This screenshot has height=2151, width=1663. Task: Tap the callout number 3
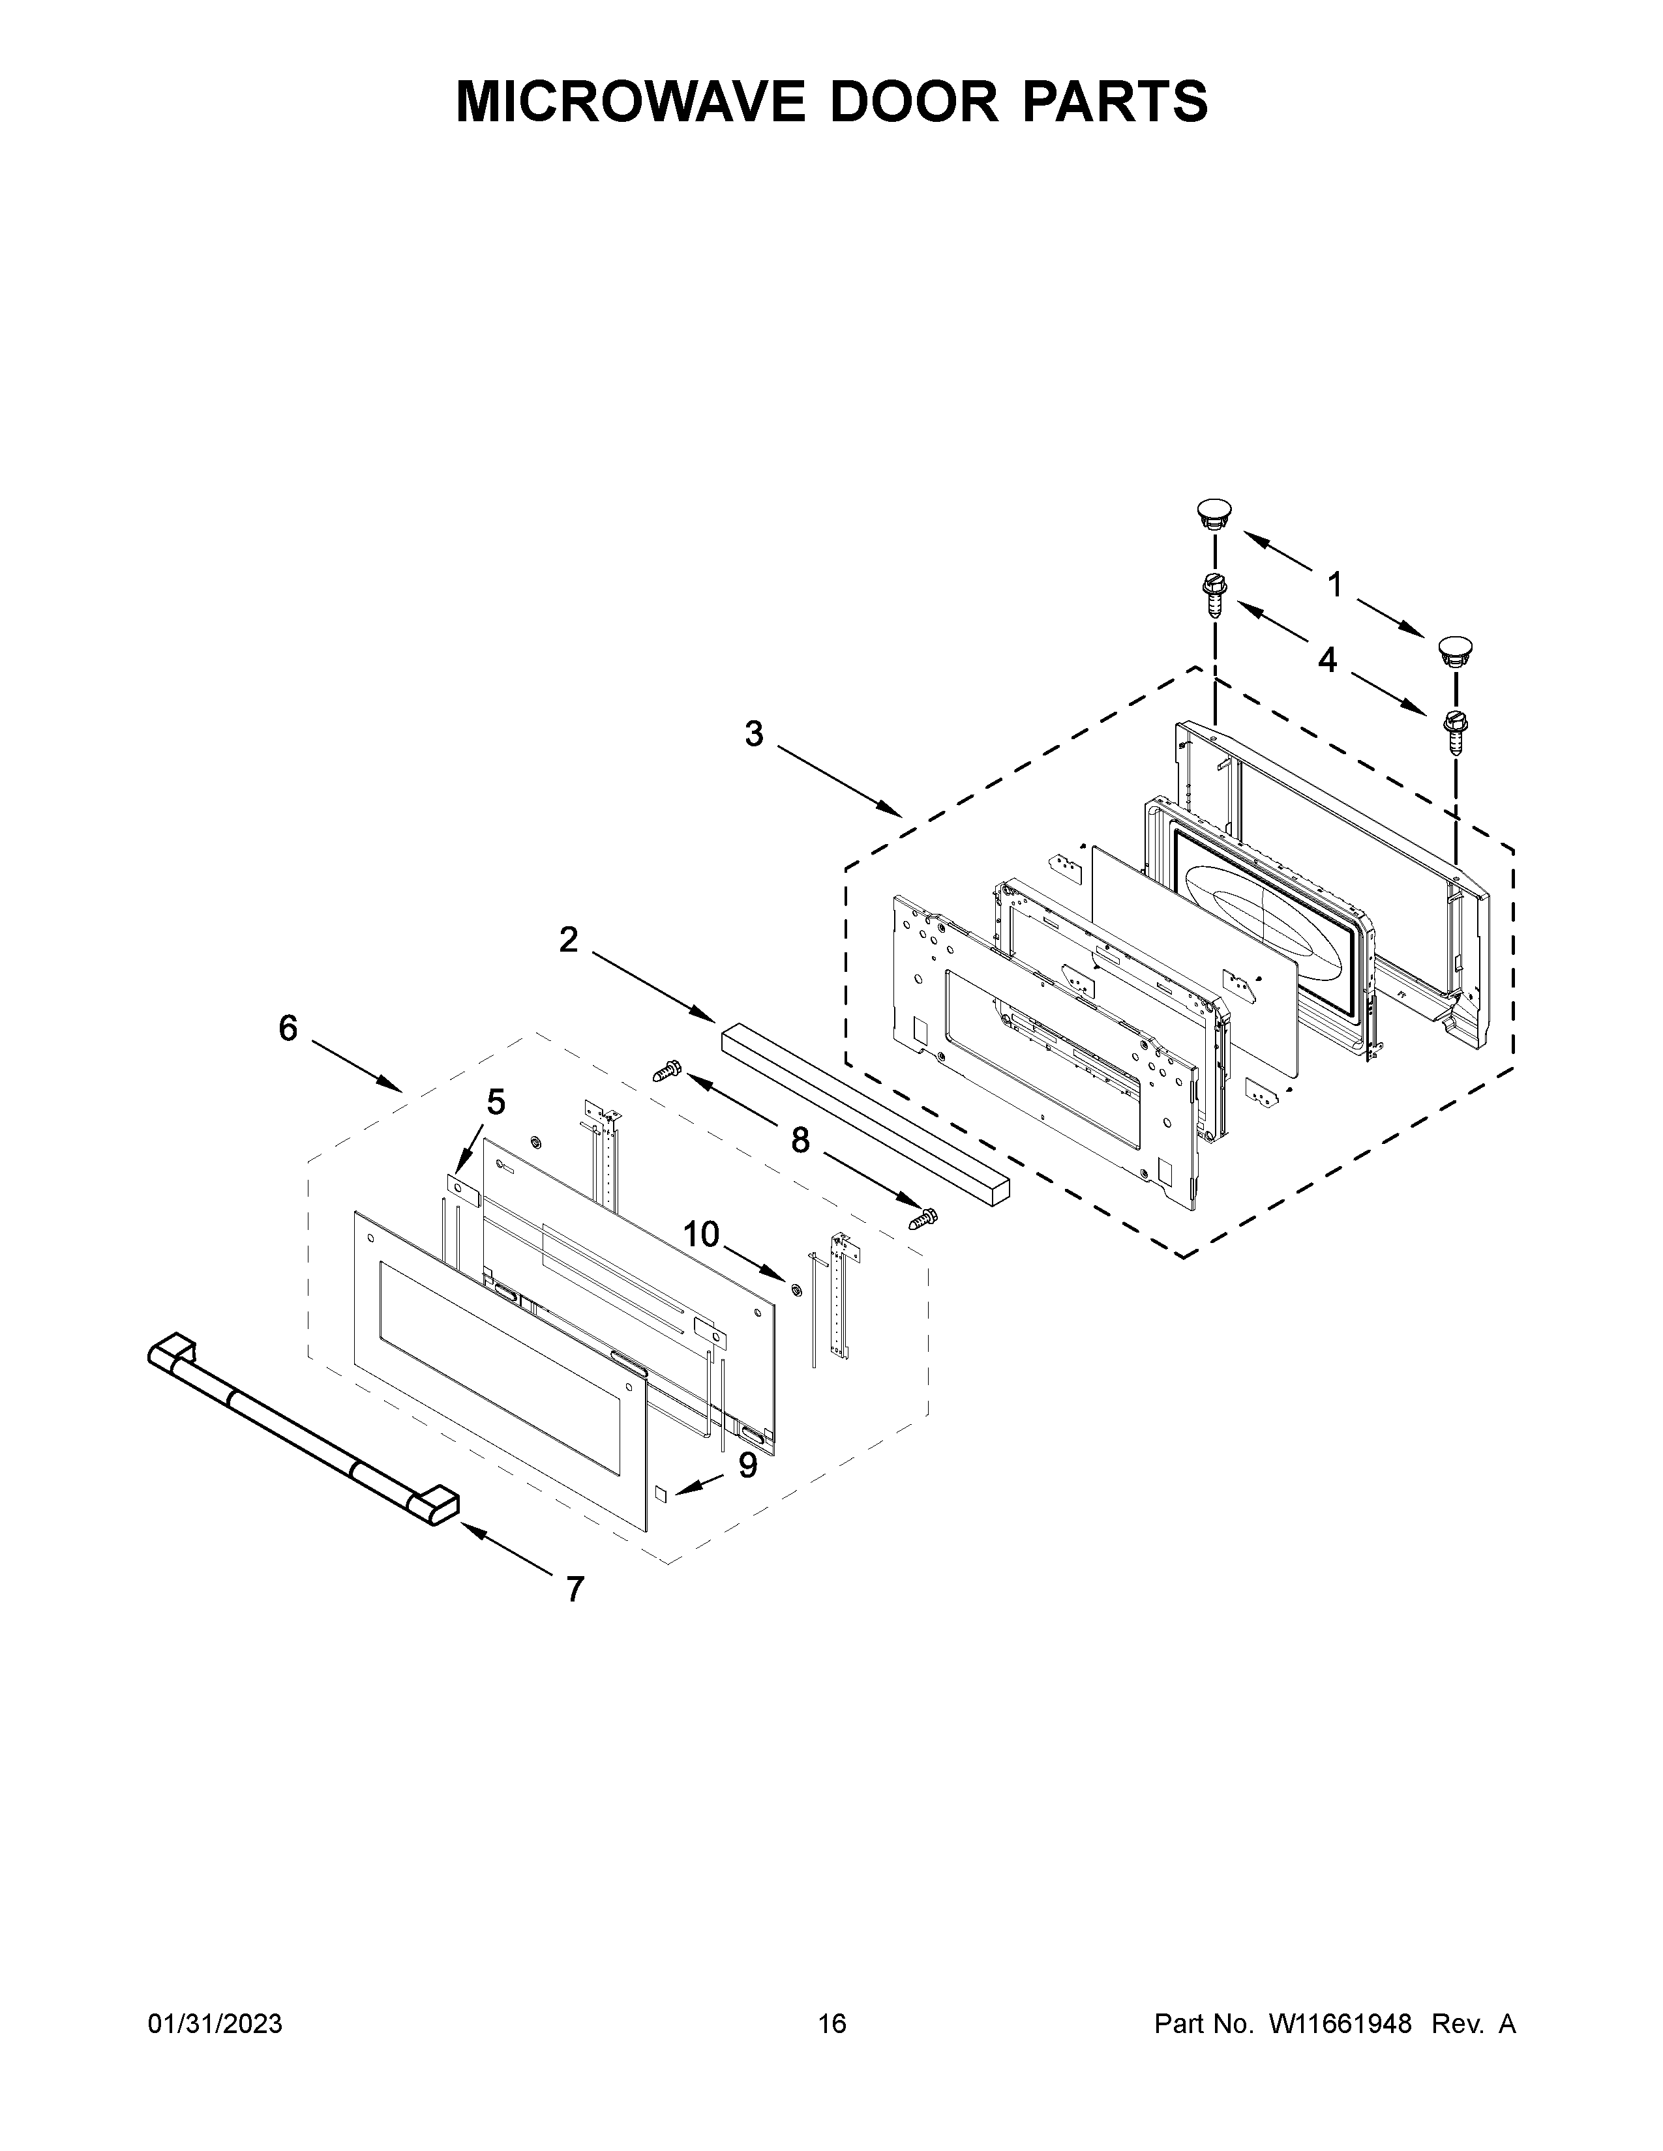pos(754,734)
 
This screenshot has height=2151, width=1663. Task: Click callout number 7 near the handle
pos(575,1588)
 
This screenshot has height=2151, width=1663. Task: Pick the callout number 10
pos(702,1233)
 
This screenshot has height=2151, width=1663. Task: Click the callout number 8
pos(800,1141)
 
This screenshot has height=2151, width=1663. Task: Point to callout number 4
pos(1328,660)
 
